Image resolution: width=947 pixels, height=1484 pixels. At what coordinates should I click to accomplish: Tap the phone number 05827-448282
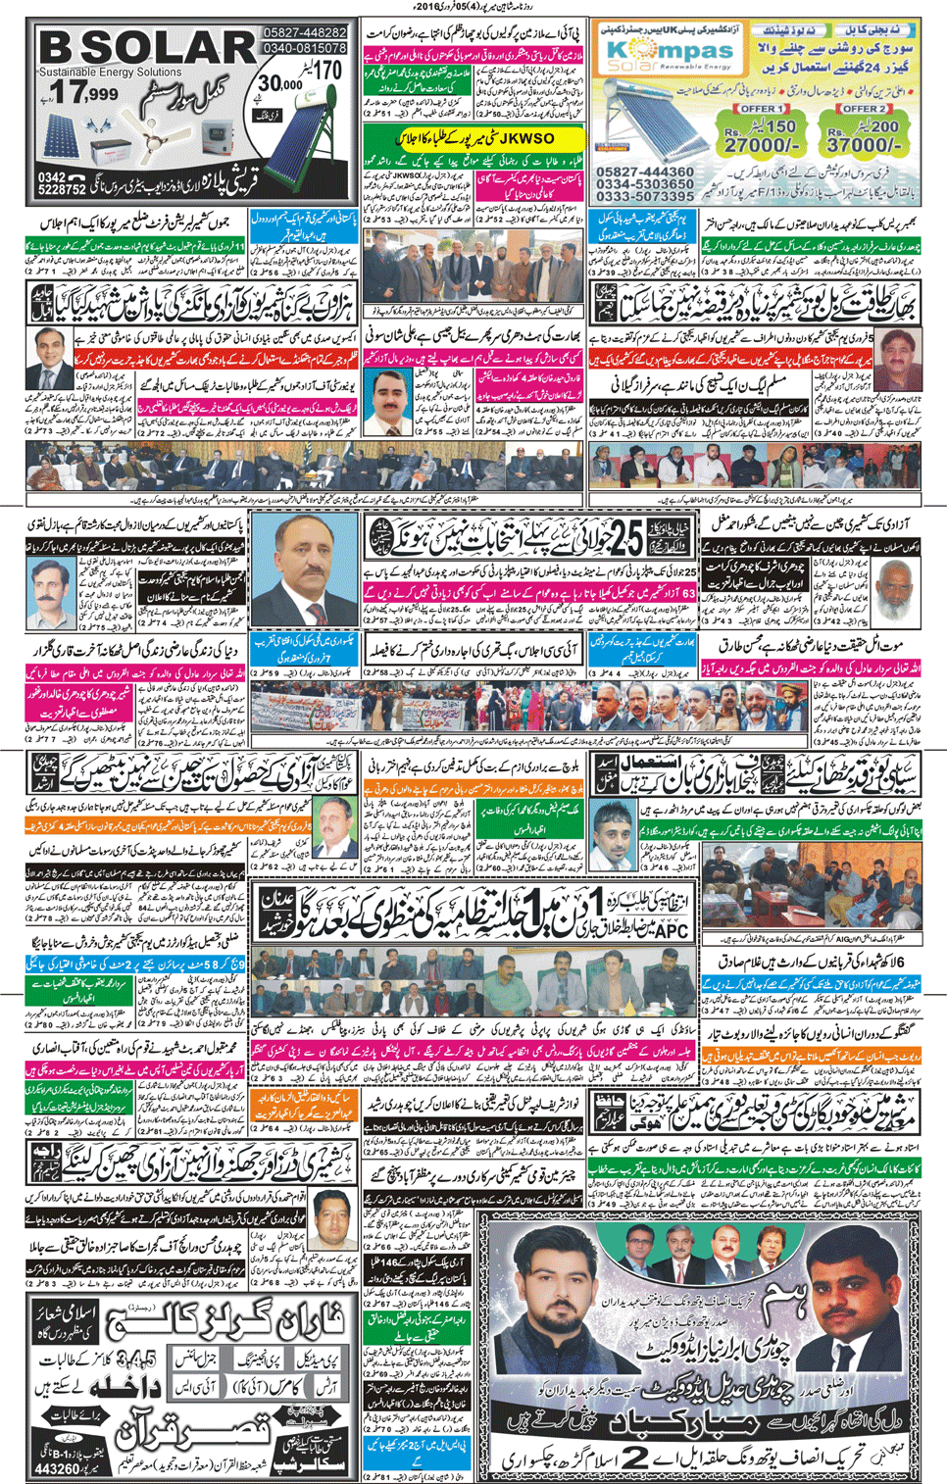coord(305,32)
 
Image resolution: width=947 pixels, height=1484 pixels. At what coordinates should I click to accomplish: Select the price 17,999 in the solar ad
coord(86,95)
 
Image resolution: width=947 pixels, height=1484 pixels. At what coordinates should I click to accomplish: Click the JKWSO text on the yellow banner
coord(525,139)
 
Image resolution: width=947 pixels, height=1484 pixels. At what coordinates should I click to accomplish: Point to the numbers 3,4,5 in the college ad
coord(134,1359)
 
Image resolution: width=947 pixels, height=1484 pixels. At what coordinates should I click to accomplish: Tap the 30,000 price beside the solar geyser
coord(279,85)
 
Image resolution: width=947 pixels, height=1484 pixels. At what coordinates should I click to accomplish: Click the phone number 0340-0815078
coord(305,48)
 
